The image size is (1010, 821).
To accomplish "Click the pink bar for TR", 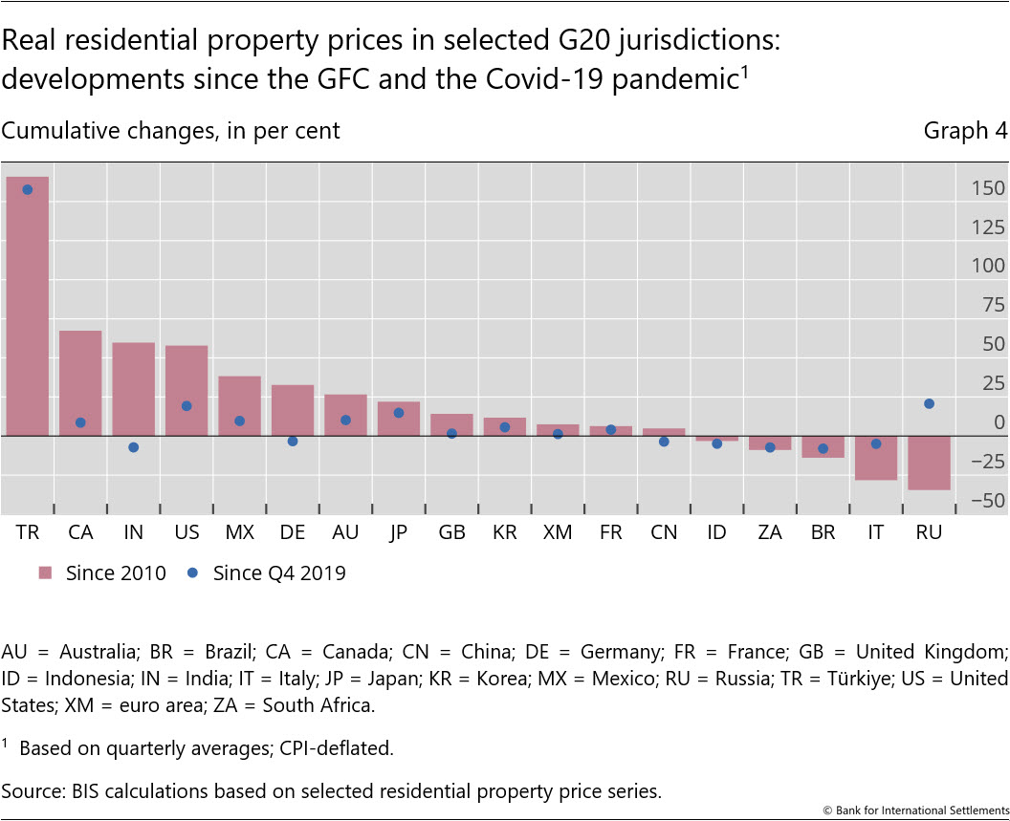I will [x=28, y=306].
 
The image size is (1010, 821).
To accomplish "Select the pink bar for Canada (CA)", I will [x=80, y=383].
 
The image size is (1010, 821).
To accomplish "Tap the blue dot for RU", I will [x=929, y=403].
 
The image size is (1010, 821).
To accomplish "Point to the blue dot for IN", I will [x=134, y=447].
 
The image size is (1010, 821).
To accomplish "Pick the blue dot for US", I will [x=187, y=406].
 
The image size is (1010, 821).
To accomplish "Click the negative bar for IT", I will [x=875, y=458].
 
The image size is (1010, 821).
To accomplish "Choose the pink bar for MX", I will [x=239, y=406].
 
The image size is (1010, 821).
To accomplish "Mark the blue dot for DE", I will [x=293, y=442].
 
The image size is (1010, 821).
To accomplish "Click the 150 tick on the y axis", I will [x=986, y=188].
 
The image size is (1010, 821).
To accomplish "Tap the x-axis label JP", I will [x=398, y=532].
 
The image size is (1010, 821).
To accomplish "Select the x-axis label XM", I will [x=557, y=532].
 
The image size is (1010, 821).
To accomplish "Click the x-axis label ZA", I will [x=769, y=532].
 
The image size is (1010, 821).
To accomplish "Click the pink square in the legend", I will [x=45, y=573].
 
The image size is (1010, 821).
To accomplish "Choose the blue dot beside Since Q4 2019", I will [x=192, y=573].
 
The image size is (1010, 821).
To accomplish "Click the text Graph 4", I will [x=965, y=131].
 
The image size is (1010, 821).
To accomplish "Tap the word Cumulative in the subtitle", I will [x=56, y=131].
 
